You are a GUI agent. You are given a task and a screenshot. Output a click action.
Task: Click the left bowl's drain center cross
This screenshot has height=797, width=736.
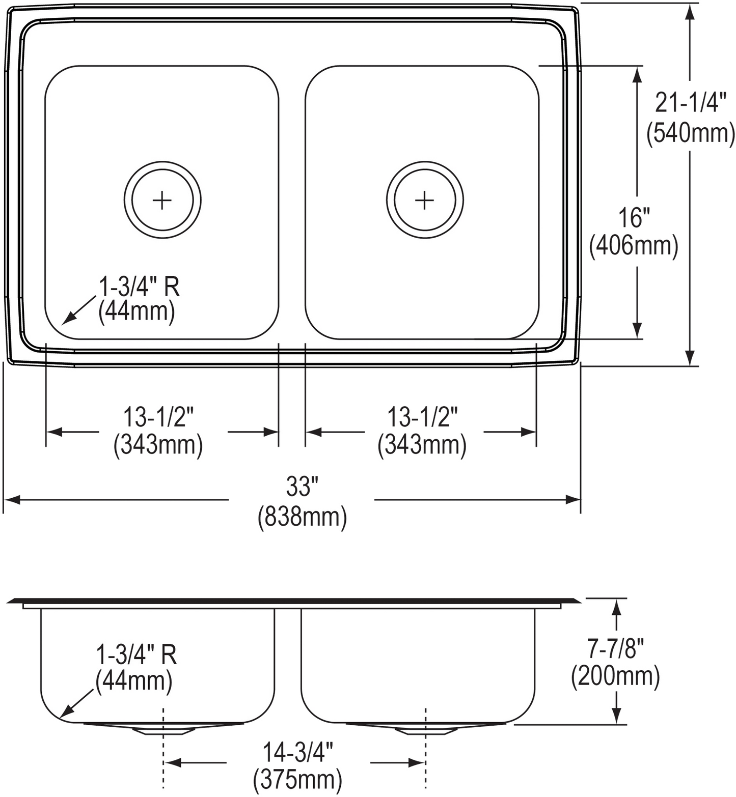click(x=162, y=200)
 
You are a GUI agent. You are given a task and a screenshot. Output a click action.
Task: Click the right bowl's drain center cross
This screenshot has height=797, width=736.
click(x=424, y=200)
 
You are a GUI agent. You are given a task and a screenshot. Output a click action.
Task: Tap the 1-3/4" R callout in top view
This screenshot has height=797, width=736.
click(x=139, y=288)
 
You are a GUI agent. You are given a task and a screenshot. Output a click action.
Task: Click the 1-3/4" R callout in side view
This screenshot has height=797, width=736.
click(x=136, y=655)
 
